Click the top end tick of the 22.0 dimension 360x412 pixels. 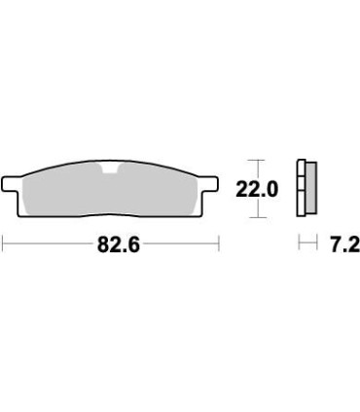tap(255, 161)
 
